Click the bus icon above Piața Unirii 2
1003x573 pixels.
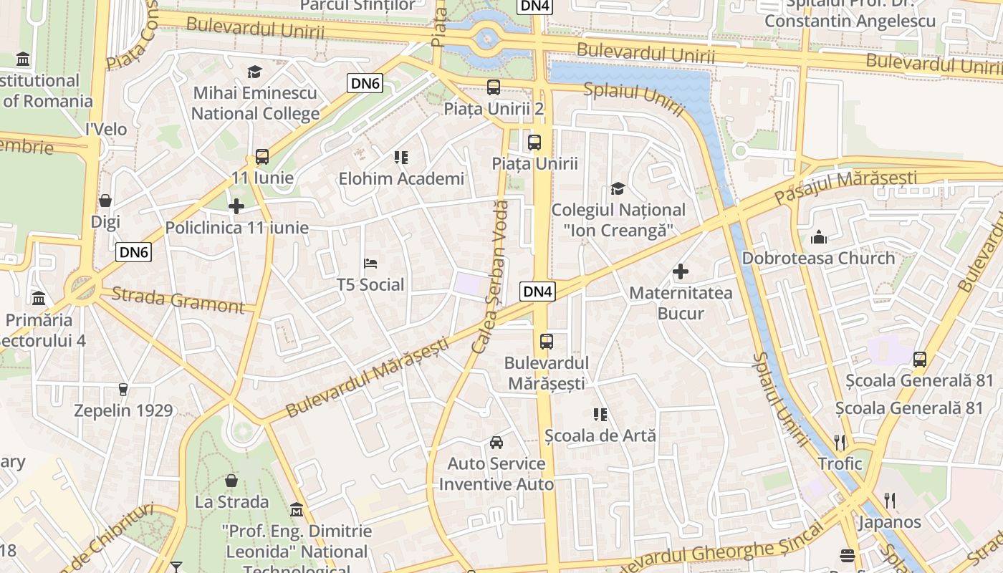tap(494, 88)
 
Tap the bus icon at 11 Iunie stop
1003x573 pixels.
tap(262, 157)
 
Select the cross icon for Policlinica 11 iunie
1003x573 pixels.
tap(236, 207)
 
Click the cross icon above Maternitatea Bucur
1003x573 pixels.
tap(681, 271)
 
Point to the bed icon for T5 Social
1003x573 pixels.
tap(370, 264)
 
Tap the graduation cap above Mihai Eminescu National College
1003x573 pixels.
tap(254, 72)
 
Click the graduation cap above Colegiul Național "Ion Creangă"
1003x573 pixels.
tap(618, 189)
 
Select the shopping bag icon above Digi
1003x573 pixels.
tap(105, 201)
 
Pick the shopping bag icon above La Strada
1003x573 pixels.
tap(231, 480)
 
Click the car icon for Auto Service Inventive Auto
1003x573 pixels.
tap(496, 443)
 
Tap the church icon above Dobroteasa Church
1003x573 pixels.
tap(818, 237)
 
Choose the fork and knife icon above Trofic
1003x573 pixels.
tap(840, 442)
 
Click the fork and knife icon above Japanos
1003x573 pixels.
tap(889, 500)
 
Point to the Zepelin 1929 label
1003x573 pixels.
tap(124, 410)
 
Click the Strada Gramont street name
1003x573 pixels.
tap(178, 300)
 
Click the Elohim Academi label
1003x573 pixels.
tap(401, 178)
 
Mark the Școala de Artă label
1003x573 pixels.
tap(600, 435)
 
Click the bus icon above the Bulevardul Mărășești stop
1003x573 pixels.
tap(547, 342)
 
